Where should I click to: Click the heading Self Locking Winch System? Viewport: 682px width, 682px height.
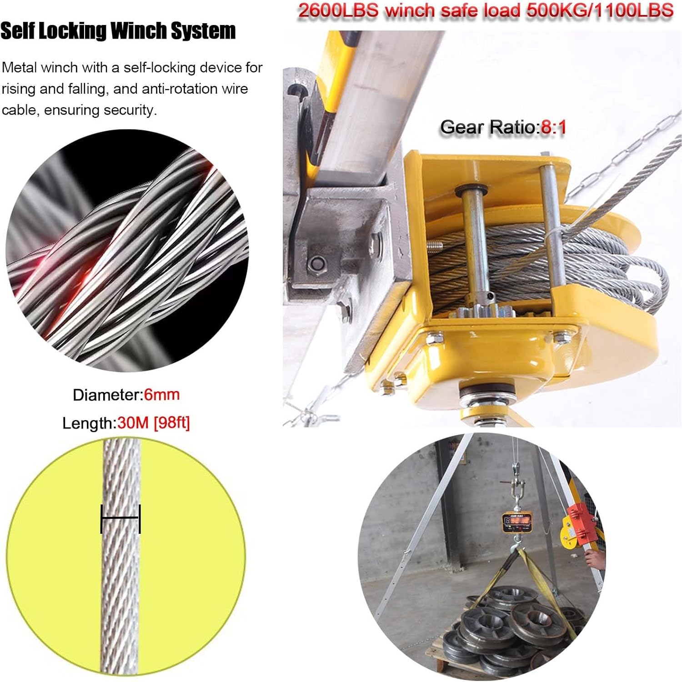coord(118,31)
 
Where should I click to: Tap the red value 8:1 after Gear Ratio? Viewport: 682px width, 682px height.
coord(553,127)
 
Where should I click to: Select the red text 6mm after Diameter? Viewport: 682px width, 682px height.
coord(162,394)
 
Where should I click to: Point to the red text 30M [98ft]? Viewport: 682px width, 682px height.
coord(153,423)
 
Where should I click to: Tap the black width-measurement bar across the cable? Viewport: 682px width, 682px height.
coord(120,518)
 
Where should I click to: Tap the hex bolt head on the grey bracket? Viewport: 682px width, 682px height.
coord(317,263)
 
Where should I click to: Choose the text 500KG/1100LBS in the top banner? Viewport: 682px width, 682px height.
coord(600,10)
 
